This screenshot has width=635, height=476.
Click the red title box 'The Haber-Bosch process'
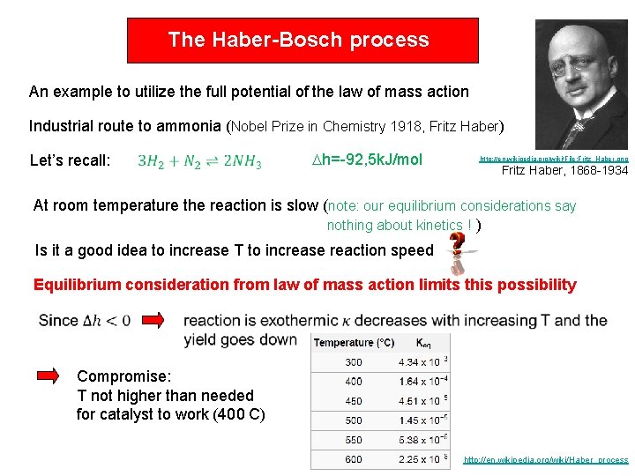tap(303, 41)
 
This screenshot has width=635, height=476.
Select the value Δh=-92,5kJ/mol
tap(368, 160)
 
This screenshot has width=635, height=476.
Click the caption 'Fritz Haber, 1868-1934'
tap(564, 171)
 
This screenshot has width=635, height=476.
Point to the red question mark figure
tap(457, 250)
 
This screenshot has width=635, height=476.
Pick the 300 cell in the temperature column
tap(353, 361)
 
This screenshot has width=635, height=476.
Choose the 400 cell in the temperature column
tap(353, 381)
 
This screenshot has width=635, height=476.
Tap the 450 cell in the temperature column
tap(353, 400)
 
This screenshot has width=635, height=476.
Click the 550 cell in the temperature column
tap(353, 439)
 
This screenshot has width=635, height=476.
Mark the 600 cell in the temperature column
tap(353, 458)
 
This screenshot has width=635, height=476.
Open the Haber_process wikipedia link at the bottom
tap(546, 460)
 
